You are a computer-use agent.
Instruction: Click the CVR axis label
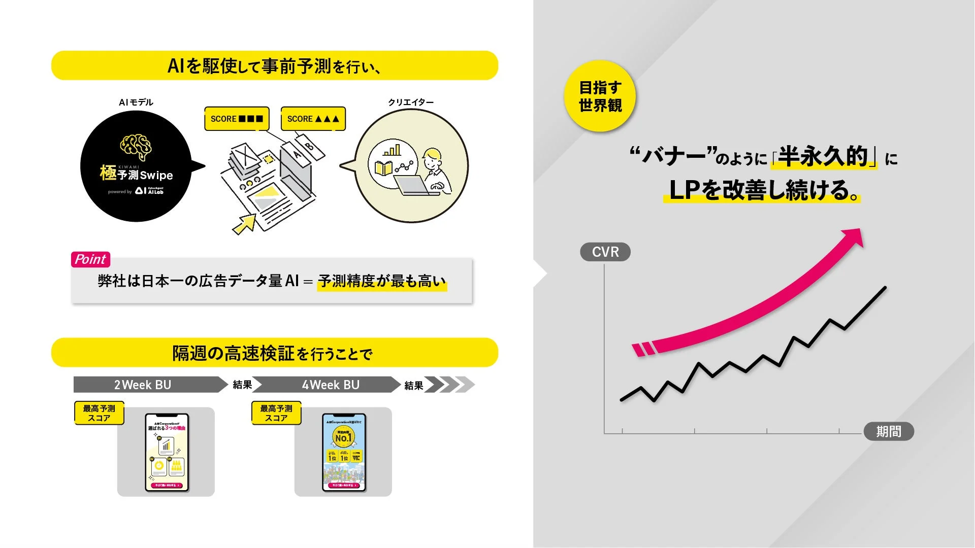point(605,252)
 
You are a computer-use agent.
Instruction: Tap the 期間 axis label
point(889,431)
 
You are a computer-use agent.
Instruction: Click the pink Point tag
point(90,259)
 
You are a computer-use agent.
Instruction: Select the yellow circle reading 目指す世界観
point(600,96)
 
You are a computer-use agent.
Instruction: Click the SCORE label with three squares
point(237,119)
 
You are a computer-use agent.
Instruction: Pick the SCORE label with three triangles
point(313,119)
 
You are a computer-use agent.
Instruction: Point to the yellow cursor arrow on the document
point(245,224)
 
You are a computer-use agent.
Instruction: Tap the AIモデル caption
point(136,102)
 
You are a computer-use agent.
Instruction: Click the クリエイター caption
point(411,102)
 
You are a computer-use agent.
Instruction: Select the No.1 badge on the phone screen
point(343,436)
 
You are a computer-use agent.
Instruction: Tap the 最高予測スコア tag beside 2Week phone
point(99,413)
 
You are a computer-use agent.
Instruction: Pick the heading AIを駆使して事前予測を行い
point(274,66)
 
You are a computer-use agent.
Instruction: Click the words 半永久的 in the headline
point(823,156)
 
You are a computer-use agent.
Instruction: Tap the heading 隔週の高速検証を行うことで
point(273,353)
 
